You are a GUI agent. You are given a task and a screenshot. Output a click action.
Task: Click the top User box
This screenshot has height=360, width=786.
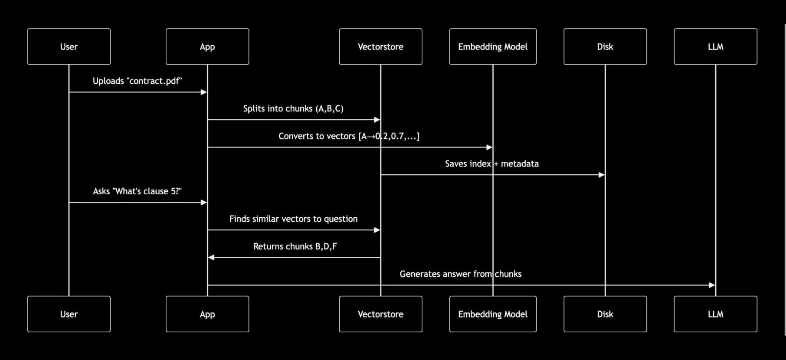click(x=69, y=46)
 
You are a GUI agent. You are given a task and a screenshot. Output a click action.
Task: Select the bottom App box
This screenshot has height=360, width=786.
click(x=207, y=314)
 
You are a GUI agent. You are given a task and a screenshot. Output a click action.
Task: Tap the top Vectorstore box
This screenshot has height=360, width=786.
click(x=380, y=46)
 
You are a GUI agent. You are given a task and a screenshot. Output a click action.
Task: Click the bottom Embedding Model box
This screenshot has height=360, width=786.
click(x=493, y=314)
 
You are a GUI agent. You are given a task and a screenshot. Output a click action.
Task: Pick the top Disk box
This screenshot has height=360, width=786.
click(x=605, y=46)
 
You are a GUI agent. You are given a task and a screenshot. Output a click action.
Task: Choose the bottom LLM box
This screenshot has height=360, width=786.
click(x=715, y=314)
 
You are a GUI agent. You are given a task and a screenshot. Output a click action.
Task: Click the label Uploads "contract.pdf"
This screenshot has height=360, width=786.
click(x=137, y=81)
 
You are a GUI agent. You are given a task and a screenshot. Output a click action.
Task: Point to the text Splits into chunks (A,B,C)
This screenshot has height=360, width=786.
click(x=293, y=108)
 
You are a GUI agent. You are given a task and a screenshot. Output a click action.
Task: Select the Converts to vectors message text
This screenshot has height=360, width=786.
click(x=349, y=136)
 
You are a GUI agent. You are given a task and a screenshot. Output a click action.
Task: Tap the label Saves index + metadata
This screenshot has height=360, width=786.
click(x=492, y=164)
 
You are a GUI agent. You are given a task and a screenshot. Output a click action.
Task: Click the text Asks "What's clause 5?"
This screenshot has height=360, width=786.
click(x=137, y=191)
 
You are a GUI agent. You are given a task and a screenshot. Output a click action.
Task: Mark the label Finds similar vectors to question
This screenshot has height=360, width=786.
click(x=293, y=219)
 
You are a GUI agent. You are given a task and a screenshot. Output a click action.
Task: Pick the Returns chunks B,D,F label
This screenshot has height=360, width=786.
click(x=295, y=246)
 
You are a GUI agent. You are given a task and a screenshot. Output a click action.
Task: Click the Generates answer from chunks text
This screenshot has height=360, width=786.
click(x=460, y=274)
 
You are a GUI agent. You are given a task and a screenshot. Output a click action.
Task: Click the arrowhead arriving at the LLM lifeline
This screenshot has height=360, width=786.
click(x=711, y=285)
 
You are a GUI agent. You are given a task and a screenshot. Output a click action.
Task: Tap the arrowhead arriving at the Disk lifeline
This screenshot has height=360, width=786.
click(x=601, y=175)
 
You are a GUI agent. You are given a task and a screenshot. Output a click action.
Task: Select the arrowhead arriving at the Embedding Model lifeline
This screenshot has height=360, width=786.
click(x=489, y=147)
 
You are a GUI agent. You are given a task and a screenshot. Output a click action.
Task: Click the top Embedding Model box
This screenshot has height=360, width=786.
click(x=493, y=46)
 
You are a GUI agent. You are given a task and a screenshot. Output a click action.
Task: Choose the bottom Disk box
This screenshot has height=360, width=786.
click(x=605, y=314)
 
